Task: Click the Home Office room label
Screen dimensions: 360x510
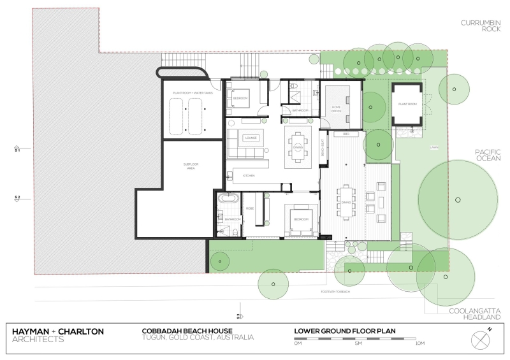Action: coord(336,109)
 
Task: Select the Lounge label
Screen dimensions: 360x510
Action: coord(250,137)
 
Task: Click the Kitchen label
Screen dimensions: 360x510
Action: coord(249,175)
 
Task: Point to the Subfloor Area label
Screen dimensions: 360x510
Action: coord(191,166)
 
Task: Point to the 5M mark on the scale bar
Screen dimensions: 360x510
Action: coord(358,343)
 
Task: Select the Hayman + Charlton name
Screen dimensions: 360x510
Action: coord(58,331)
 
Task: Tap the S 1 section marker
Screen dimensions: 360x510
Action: coord(18,150)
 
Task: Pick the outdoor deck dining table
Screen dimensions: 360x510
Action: coord(346,203)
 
